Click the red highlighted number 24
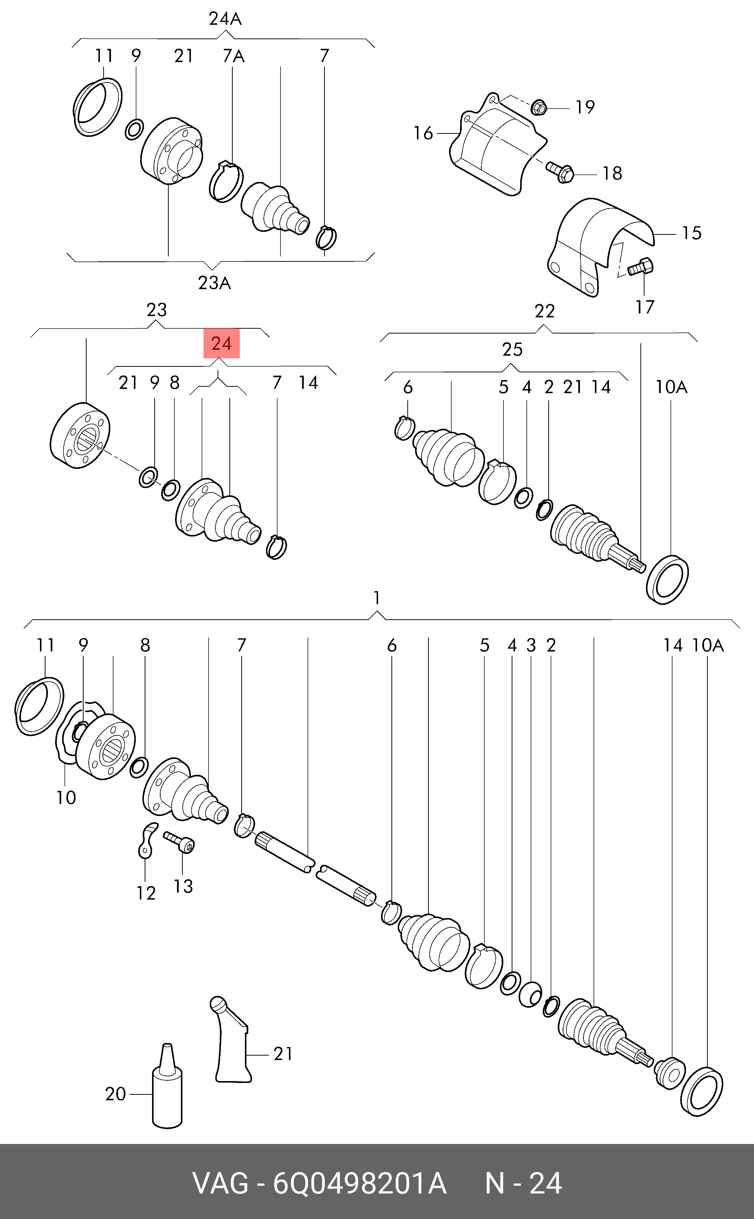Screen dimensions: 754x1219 click(221, 343)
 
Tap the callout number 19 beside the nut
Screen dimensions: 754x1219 click(585, 107)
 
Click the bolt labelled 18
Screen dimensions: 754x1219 click(561, 172)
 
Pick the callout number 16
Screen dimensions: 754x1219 click(423, 133)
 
